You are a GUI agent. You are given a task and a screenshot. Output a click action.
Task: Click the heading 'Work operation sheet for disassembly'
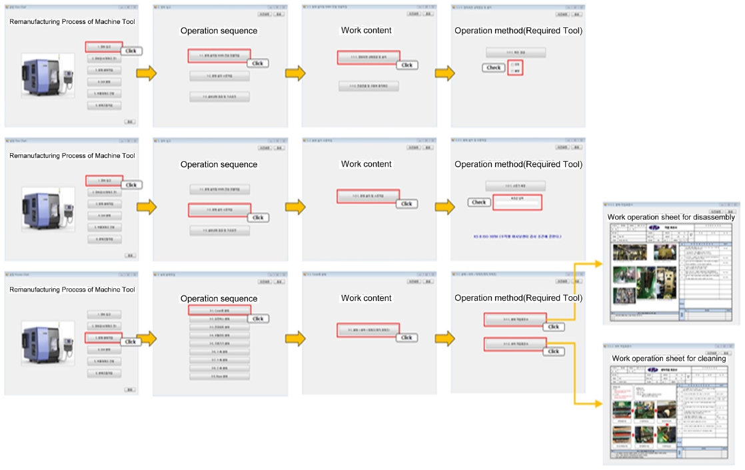[671, 217]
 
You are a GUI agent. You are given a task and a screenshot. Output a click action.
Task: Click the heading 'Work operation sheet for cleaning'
[669, 359]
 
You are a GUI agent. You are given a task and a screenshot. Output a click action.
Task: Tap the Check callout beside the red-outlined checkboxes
[493, 67]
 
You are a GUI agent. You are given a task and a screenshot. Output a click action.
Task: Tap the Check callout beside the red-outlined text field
[478, 202]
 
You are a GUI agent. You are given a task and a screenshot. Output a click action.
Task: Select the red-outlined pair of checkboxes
[514, 67]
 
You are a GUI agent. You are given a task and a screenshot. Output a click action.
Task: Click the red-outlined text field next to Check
[516, 202]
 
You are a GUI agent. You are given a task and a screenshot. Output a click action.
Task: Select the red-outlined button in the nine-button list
[219, 310]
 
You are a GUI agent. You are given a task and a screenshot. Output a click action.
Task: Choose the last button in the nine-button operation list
[219, 375]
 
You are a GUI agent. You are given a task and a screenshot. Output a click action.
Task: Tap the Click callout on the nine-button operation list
[258, 318]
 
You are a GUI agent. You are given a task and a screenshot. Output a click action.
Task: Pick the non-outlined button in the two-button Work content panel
[369, 86]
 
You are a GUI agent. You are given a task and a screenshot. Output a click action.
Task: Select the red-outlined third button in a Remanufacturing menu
[104, 338]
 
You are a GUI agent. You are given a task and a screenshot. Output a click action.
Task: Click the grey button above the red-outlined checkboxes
[515, 52]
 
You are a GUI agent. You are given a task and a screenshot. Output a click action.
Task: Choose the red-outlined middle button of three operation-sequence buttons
[219, 210]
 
